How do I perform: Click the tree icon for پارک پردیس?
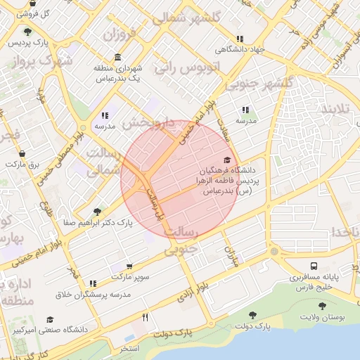tap(27, 32)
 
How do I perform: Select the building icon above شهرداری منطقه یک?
tap(116, 57)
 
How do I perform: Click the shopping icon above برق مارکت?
tap(22, 153)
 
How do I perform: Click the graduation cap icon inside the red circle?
tap(226, 160)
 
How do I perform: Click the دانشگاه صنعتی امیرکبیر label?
tap(56, 329)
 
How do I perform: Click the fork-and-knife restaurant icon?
tap(145, 317)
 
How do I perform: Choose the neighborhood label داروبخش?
tap(147, 123)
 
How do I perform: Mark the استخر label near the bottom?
tap(129, 349)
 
